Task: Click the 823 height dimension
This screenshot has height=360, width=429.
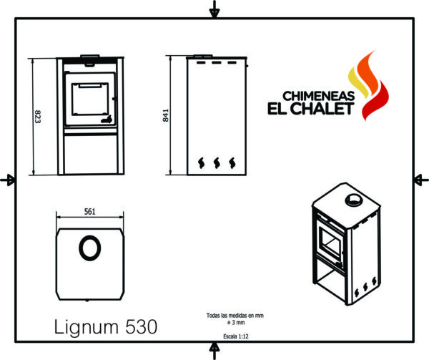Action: pos(38,117)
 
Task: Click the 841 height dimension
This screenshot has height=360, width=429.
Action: pos(166,115)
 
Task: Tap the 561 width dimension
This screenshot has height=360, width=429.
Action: pos(90,212)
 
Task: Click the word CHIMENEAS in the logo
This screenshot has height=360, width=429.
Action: pos(318,96)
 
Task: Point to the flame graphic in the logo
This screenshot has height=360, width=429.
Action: pos(368,85)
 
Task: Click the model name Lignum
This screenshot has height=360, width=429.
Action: pos(87,327)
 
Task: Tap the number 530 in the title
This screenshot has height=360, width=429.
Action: pos(142,326)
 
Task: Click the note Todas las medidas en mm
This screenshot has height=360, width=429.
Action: pos(235,316)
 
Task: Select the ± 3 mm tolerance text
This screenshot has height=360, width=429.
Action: pos(236,323)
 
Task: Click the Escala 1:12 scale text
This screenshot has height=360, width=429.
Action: pos(236,336)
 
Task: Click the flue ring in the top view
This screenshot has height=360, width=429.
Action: pos(90,238)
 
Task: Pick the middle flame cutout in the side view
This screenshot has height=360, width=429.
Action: pos(217,163)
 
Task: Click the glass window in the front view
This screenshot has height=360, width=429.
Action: pos(90,99)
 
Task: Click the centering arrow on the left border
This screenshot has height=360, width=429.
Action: pos(8,180)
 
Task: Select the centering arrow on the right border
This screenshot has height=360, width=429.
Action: pos(421,180)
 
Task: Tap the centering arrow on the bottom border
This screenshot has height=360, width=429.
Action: pos(214,350)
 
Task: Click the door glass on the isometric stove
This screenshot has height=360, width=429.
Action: pos(330,243)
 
